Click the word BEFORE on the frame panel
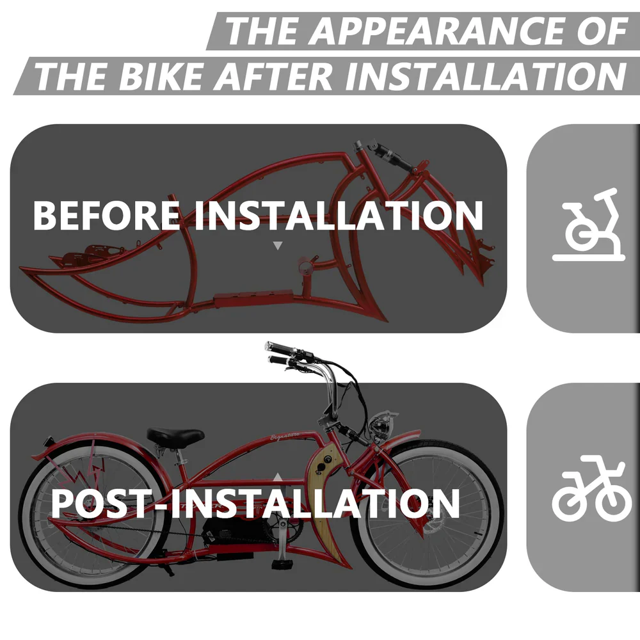tap(106, 215)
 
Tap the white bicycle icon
tap(589, 489)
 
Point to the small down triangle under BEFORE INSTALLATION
tap(278, 245)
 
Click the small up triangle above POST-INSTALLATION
tap(278, 477)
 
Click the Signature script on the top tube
tap(285, 436)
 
